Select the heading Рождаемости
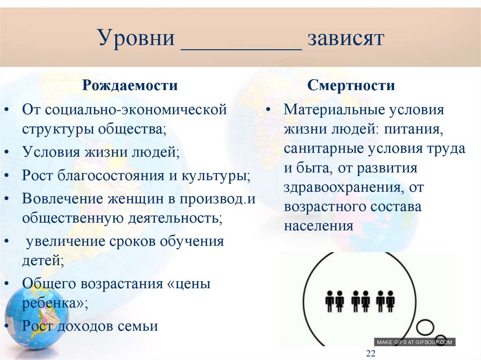[130, 85]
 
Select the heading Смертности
[351, 85]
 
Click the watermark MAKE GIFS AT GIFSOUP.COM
[414, 342]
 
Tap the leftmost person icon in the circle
[329, 301]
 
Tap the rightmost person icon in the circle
[390, 301]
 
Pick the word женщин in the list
[138, 199]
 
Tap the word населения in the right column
[318, 226]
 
